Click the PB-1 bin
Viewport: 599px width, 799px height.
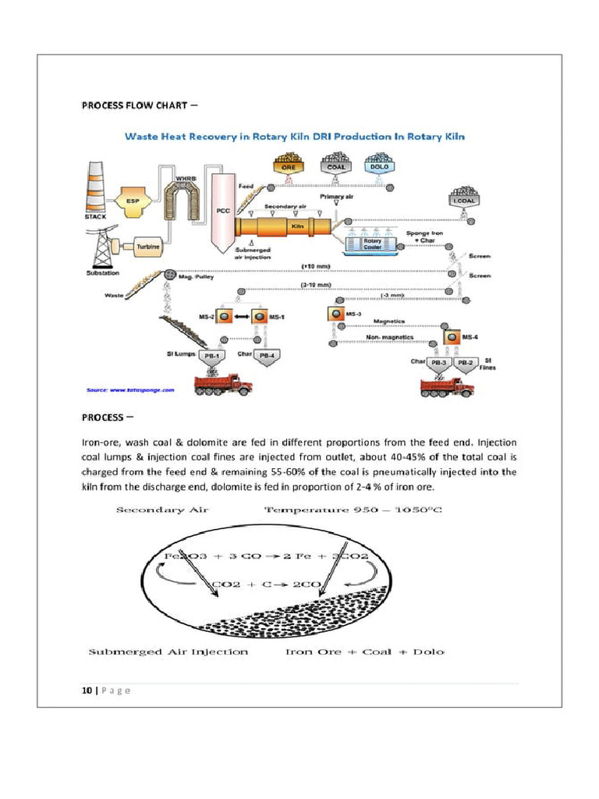pyautogui.click(x=211, y=358)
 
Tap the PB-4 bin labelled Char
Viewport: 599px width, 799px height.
pyautogui.click(x=267, y=358)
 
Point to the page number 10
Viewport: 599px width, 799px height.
pyautogui.click(x=87, y=690)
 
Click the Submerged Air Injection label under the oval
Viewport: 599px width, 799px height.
pyautogui.click(x=168, y=652)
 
